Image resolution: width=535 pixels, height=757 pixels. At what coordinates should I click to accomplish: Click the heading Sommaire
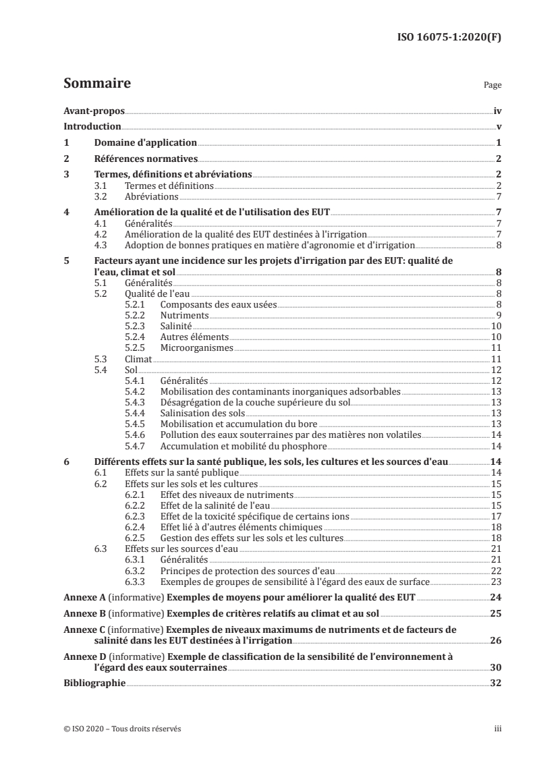(x=96, y=84)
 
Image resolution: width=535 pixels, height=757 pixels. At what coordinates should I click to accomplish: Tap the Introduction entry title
(x=92, y=127)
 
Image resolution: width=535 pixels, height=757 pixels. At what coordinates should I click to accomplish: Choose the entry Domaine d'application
(x=145, y=143)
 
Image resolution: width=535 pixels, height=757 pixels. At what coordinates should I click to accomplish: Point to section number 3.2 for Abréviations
(x=101, y=196)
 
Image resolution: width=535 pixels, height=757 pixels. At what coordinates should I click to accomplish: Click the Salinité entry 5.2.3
(x=175, y=327)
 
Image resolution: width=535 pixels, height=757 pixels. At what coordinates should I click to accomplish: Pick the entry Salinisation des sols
(x=202, y=413)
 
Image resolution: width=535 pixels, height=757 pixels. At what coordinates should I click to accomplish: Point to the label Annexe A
(x=82, y=598)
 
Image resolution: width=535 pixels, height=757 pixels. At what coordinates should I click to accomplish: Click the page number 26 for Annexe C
(x=495, y=640)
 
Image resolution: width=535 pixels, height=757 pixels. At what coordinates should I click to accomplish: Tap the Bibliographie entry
(x=94, y=683)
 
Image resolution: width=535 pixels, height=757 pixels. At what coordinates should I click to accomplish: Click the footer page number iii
(x=497, y=729)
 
